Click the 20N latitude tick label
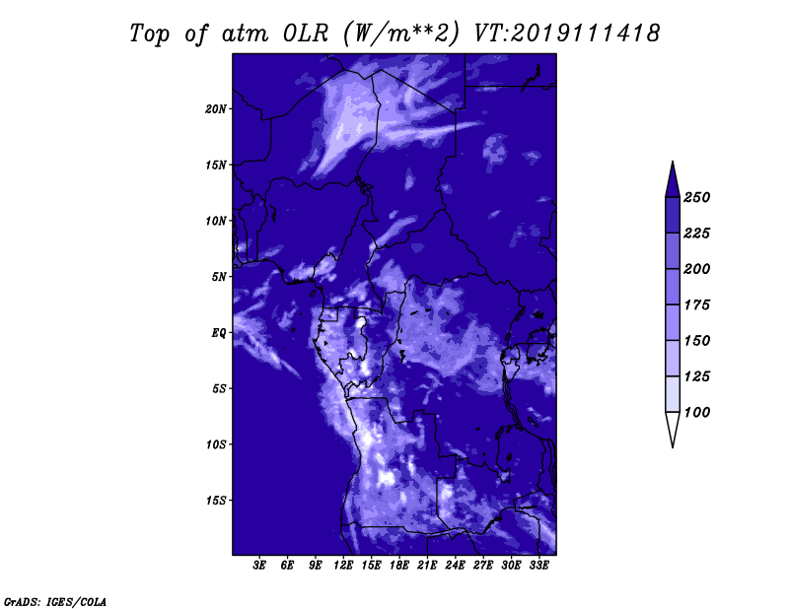coord(216,109)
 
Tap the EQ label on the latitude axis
coord(218,333)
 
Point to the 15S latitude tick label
coord(216,501)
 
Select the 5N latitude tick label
coord(219,277)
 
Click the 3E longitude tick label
coord(259,566)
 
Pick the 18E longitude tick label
coord(399,566)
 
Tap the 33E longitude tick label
coord(538,566)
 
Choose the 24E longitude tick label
coord(455,566)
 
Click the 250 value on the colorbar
coord(696,197)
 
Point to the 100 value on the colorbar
coord(696,412)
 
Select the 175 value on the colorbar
coord(696,304)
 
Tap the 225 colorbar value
coord(696,233)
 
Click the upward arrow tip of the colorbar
coord(673,162)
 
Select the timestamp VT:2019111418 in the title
coord(566,34)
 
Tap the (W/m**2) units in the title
coord(401,34)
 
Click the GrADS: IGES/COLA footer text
coord(55,601)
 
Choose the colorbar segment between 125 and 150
coord(673,359)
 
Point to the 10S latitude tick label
coord(216,444)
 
